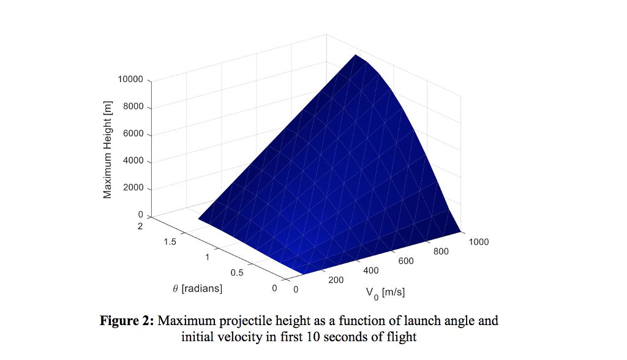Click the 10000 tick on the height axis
(130, 80)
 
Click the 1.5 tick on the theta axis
(170, 242)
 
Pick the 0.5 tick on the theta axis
(236, 272)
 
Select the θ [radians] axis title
(197, 288)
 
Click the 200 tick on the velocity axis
(336, 280)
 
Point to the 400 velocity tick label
(371, 270)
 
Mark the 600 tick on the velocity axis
(406, 261)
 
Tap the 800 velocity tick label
(441, 251)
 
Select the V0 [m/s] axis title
(385, 293)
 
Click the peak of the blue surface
(356, 55)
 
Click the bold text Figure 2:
(127, 321)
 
